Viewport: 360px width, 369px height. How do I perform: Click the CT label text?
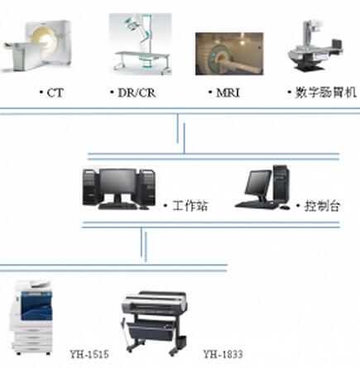pos(55,93)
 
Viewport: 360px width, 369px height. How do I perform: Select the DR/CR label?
pos(137,93)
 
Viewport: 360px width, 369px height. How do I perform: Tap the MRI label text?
pos(228,93)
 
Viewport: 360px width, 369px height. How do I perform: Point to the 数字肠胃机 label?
pos(326,93)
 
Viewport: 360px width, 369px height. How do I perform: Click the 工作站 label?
pos(190,206)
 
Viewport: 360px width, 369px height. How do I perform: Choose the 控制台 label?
pos(322,206)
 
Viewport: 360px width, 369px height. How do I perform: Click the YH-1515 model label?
pos(89,354)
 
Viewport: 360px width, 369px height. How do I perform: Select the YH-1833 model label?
pos(223,354)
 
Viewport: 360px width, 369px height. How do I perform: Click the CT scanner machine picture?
pos(36,46)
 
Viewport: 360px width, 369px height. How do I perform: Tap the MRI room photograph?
pos(229,54)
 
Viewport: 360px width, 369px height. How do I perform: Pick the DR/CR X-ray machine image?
pos(141,44)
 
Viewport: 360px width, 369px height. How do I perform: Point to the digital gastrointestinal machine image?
pos(316,46)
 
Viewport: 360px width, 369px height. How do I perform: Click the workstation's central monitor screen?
pos(118,181)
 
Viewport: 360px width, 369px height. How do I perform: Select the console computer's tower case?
pos(281,184)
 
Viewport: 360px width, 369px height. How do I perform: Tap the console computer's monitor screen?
pos(258,182)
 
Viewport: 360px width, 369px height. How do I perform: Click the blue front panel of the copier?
pos(36,305)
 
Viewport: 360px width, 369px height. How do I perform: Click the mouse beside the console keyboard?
pos(285,207)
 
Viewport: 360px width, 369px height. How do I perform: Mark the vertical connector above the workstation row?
pos(181,134)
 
